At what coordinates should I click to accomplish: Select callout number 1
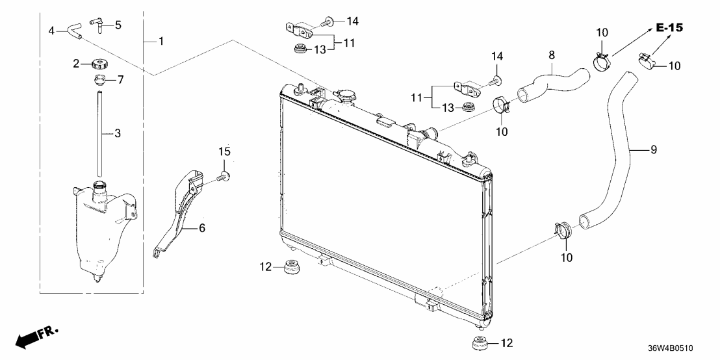[x=161, y=42]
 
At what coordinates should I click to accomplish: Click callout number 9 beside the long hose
[x=654, y=150]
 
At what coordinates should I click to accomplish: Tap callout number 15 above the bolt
[x=224, y=151]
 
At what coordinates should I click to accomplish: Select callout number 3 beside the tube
[x=118, y=134]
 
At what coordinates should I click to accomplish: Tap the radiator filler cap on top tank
[x=345, y=97]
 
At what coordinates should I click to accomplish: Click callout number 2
[x=76, y=64]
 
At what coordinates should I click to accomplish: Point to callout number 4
[x=53, y=30]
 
